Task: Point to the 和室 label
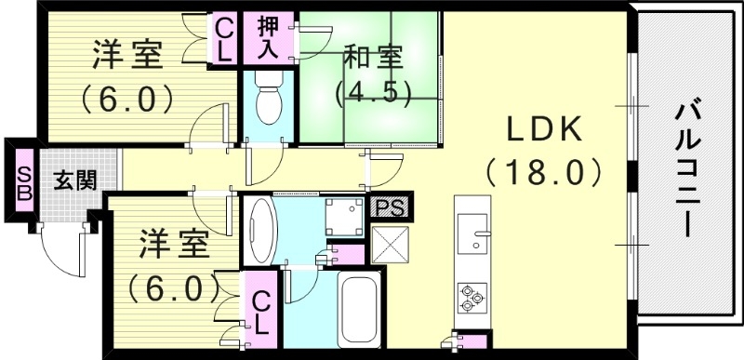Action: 374,58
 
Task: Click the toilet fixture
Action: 269,104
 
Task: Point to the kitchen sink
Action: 477,231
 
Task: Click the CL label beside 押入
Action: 224,37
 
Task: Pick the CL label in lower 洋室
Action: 261,313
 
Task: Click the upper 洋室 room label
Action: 127,56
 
